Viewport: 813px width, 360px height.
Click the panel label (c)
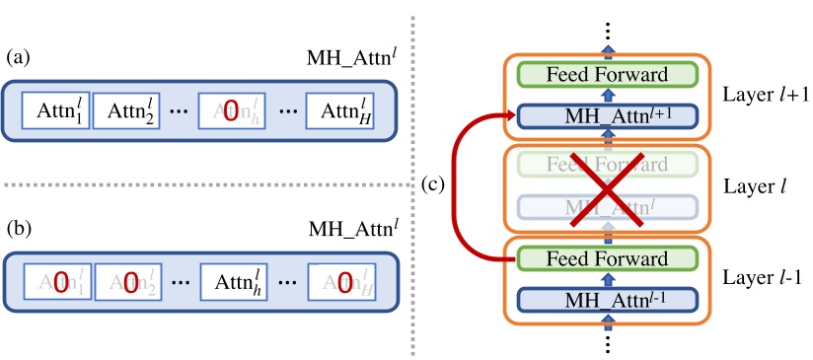click(x=431, y=184)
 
